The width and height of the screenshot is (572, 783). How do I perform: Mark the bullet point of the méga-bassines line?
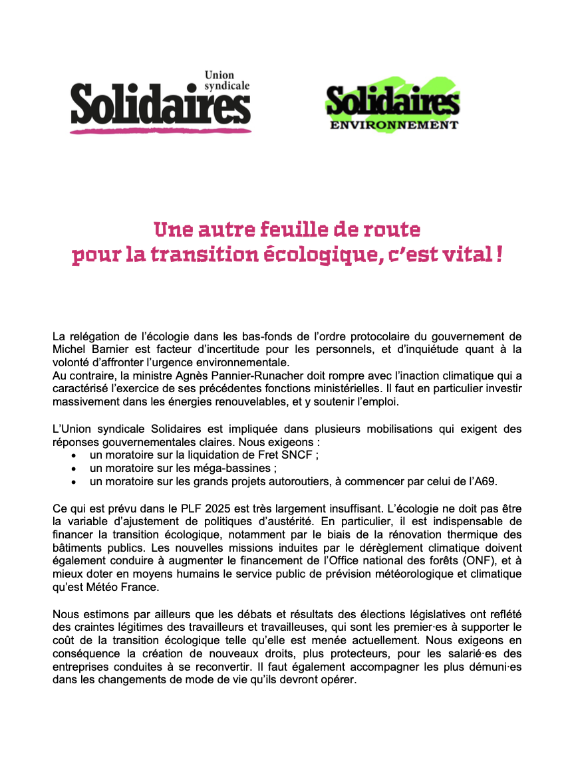pyautogui.click(x=74, y=469)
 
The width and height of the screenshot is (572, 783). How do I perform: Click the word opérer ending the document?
pyautogui.click(x=337, y=682)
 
